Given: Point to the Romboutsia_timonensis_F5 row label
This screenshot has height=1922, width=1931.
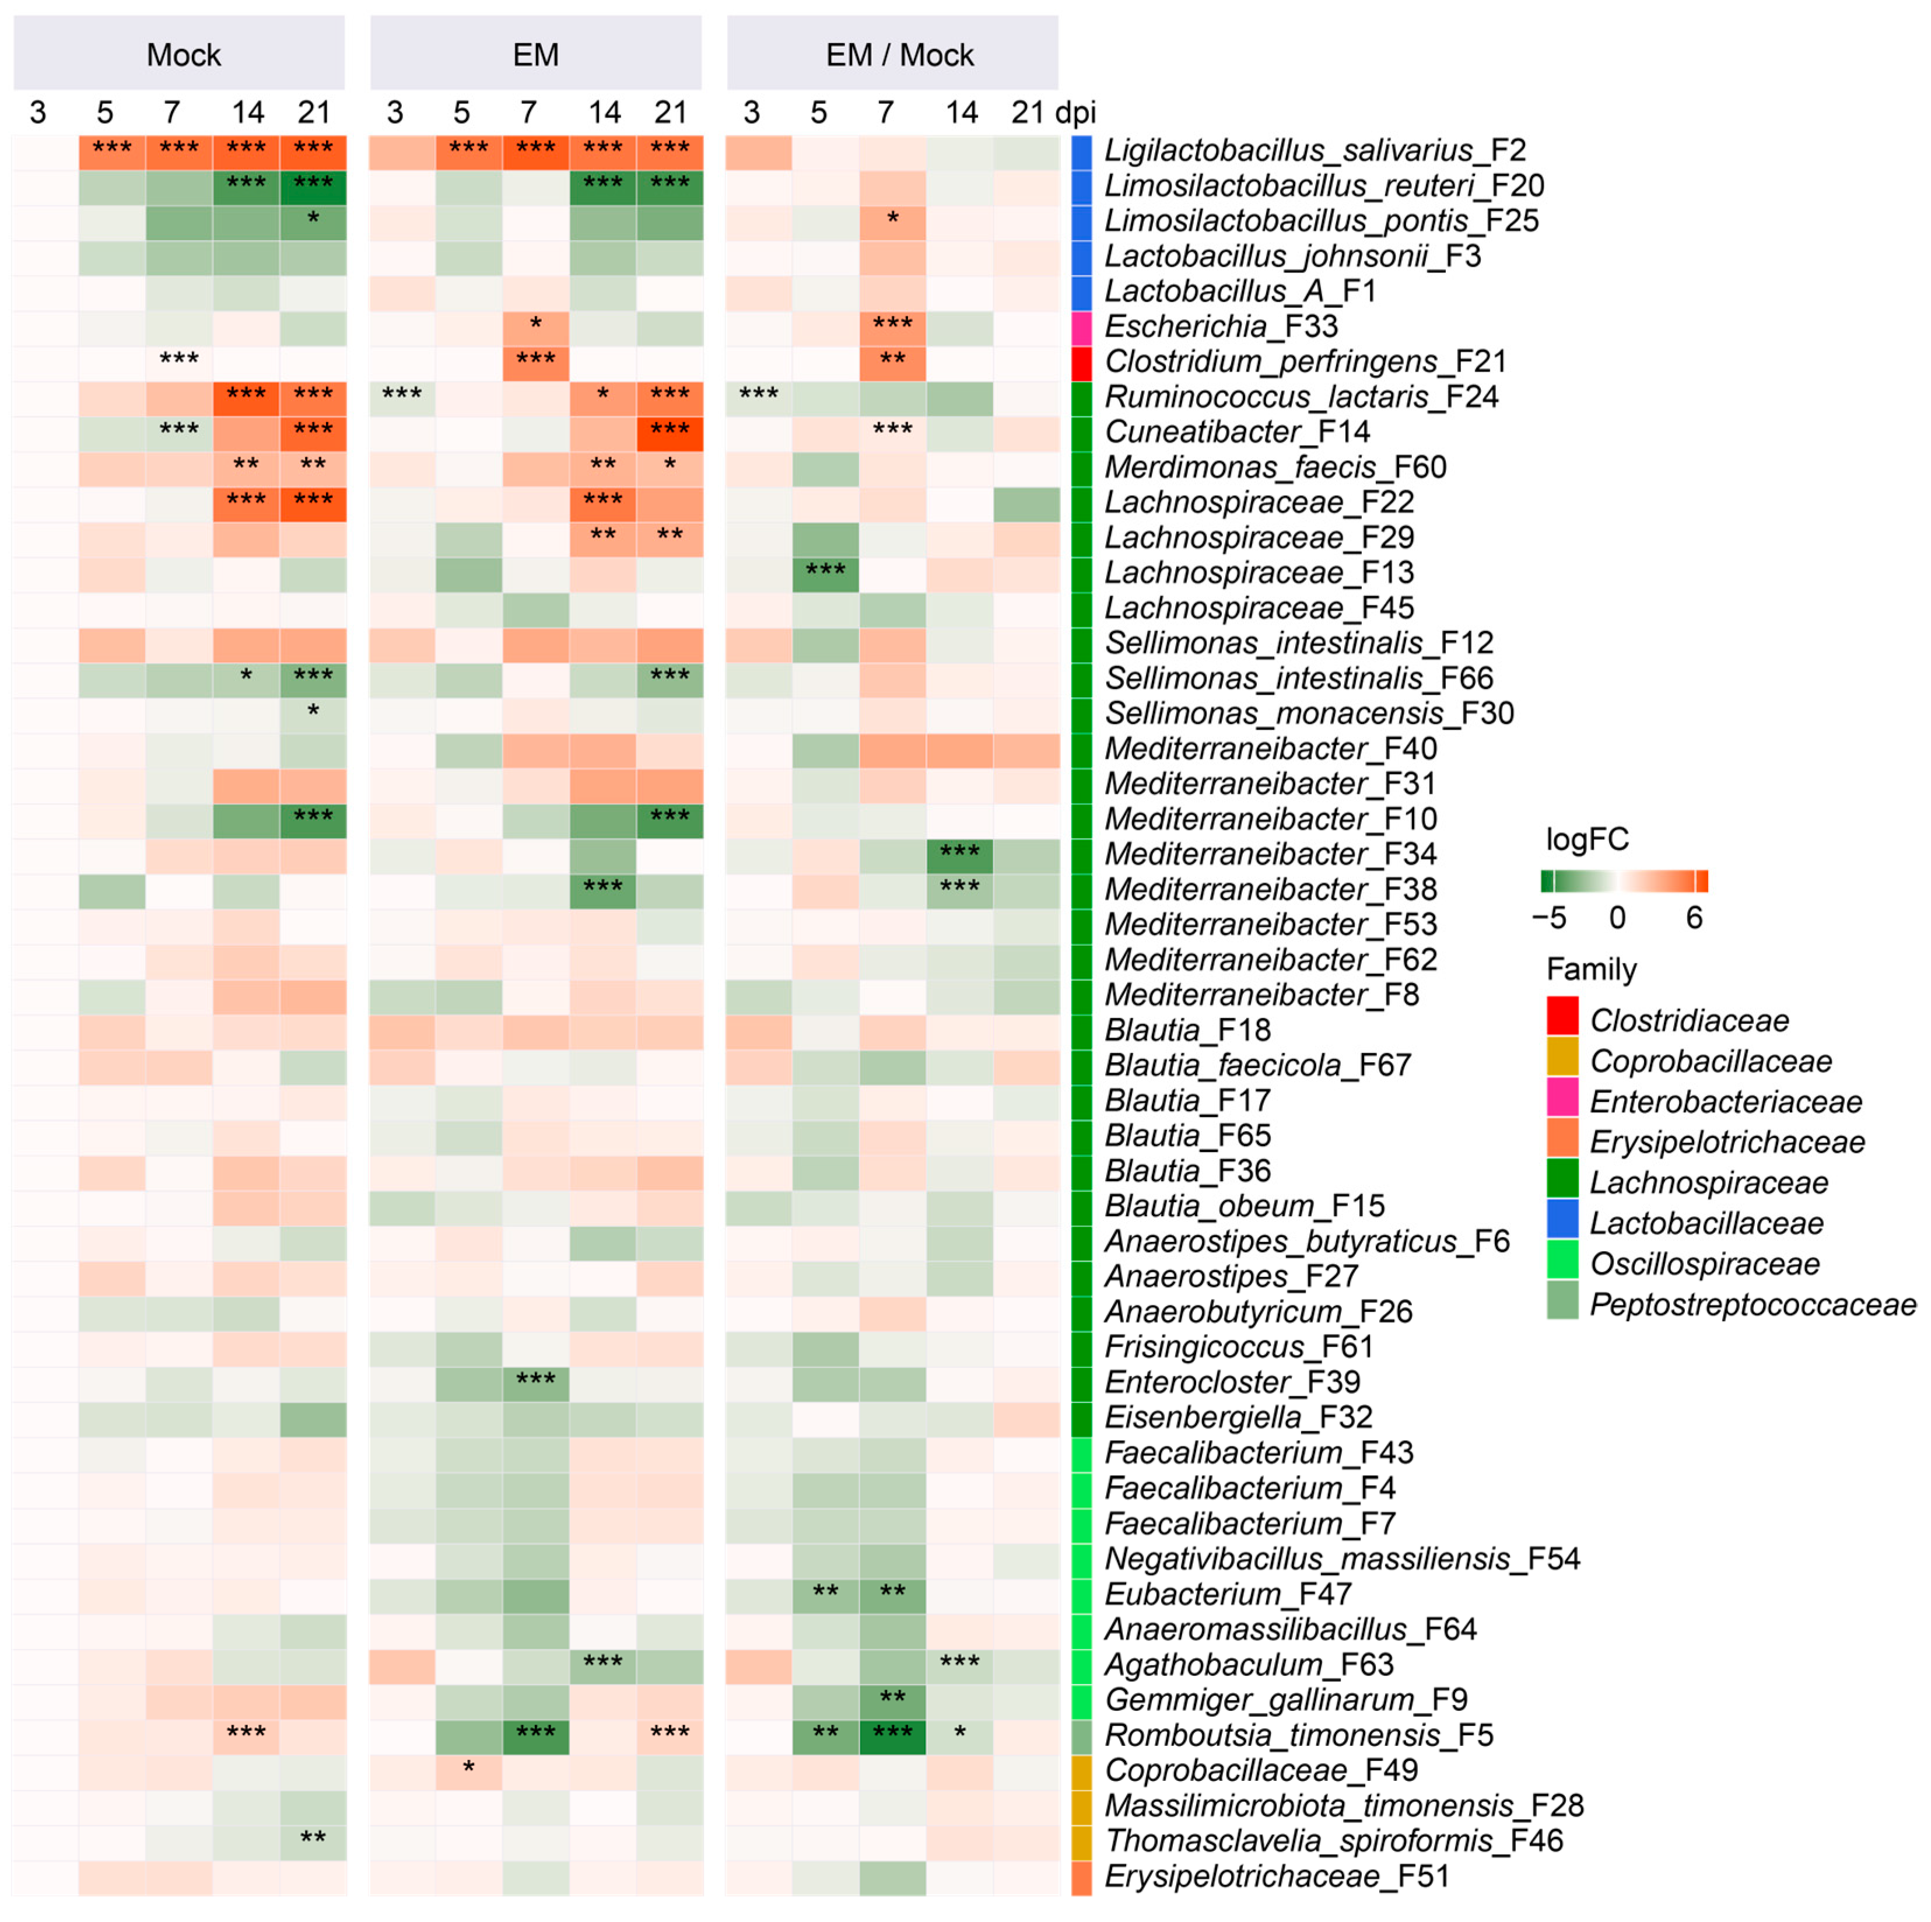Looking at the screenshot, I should click(1297, 1736).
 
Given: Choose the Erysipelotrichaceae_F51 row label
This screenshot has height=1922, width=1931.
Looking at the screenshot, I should click(1276, 1877).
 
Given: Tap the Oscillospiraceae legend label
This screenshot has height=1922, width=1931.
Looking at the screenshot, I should click(1704, 1265).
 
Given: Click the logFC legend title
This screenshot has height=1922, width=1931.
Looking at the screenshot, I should click(1586, 839).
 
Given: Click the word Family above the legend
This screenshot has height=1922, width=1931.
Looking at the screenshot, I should click(1591, 969).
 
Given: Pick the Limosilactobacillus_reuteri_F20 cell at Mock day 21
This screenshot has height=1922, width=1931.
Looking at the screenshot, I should click(313, 187).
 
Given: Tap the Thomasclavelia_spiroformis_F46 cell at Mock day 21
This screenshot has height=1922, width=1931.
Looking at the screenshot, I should click(313, 1842).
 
